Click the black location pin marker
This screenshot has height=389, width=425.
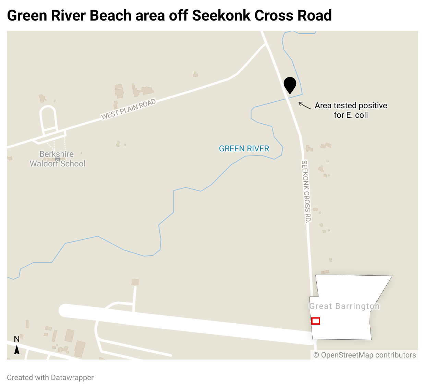point(290,85)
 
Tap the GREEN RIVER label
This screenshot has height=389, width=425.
point(244,149)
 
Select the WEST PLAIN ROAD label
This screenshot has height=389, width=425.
point(129,109)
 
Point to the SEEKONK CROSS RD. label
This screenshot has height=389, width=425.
point(306,191)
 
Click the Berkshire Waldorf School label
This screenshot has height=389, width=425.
point(57,159)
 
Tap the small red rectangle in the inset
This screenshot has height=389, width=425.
point(316,321)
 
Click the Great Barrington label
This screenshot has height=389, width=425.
point(344,306)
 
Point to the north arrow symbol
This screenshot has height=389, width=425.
point(16,350)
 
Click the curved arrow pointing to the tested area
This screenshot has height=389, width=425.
point(304,105)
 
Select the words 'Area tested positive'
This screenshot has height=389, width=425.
point(351,105)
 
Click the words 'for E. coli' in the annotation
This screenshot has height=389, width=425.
point(351,115)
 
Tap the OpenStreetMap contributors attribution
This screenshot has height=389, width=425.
point(365,355)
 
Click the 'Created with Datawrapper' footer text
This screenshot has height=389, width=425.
point(50,377)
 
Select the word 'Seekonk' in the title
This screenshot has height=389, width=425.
point(221,16)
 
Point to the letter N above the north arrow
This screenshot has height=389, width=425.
point(16,339)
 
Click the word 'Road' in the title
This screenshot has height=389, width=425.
point(315,16)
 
